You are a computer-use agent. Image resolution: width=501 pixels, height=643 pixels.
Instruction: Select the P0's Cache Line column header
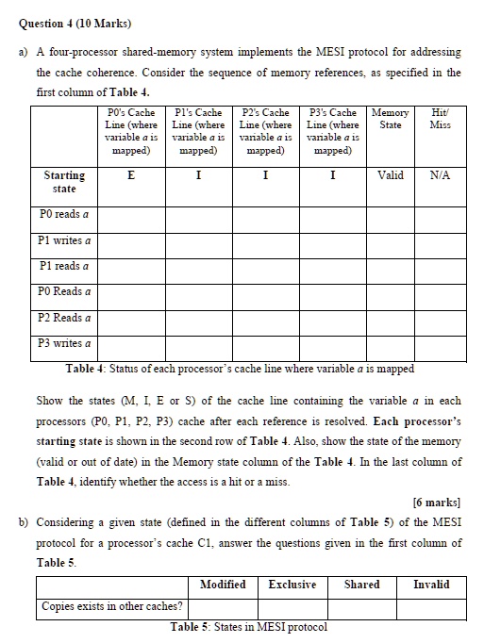coord(131,131)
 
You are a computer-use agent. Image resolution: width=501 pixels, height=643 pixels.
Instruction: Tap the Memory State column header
coord(390,119)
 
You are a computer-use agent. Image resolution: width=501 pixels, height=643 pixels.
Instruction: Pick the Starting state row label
coord(64,182)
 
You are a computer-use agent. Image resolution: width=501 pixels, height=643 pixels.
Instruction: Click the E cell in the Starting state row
coord(131,175)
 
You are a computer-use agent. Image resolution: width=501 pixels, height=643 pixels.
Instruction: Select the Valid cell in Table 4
coord(390,175)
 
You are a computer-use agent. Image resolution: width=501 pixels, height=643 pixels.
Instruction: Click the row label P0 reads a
coord(65,215)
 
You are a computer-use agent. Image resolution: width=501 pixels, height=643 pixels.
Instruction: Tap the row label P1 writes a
coord(65,240)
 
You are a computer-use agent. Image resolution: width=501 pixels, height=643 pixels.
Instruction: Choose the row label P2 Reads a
coord(65,318)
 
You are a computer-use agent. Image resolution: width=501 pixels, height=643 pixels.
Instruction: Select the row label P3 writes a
coord(65,343)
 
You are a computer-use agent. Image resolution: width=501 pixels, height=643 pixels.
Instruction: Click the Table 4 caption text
coord(240,369)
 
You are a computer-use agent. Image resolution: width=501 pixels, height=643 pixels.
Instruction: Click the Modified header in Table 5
coord(223,585)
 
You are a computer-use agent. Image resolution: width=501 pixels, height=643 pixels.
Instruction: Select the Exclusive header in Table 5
coord(292,585)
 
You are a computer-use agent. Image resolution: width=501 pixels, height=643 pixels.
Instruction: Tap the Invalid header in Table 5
coord(431,585)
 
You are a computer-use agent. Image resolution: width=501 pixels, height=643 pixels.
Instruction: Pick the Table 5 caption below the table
coord(248,628)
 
